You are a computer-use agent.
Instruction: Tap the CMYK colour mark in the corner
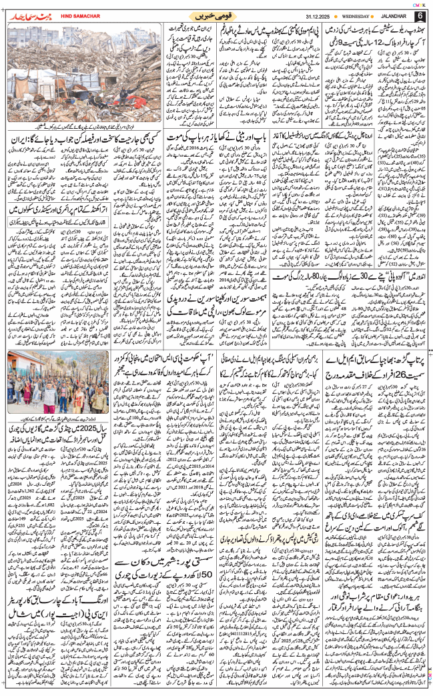(x=422, y=3)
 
